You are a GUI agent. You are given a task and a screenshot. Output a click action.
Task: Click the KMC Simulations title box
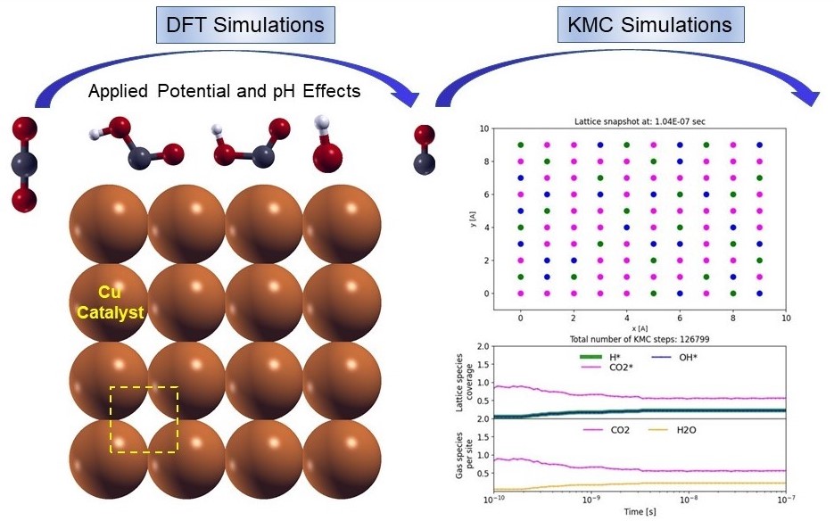coord(649,24)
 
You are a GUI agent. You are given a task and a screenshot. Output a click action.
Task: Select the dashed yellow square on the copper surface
coord(145,419)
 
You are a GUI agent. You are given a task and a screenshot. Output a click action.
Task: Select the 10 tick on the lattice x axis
coord(786,318)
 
